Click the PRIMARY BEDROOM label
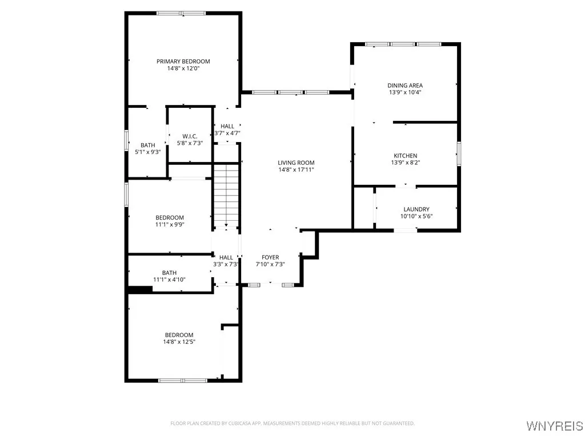[x=183, y=61]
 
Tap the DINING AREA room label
[x=405, y=86]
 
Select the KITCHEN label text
[x=405, y=156]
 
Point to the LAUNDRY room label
[x=416, y=209]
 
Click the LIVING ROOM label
[x=296, y=163]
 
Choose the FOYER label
[x=270, y=257]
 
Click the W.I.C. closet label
[x=190, y=136]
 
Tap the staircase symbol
[x=226, y=194]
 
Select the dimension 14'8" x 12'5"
[x=179, y=342]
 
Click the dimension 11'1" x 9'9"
[x=170, y=225]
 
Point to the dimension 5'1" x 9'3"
[x=147, y=152]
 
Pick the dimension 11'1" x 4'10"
[x=169, y=279]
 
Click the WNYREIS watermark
[x=554, y=425]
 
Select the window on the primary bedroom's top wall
[x=182, y=13]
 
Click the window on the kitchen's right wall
[x=459, y=154]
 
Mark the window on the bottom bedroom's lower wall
[x=183, y=380]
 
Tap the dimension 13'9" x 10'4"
[x=405, y=92]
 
